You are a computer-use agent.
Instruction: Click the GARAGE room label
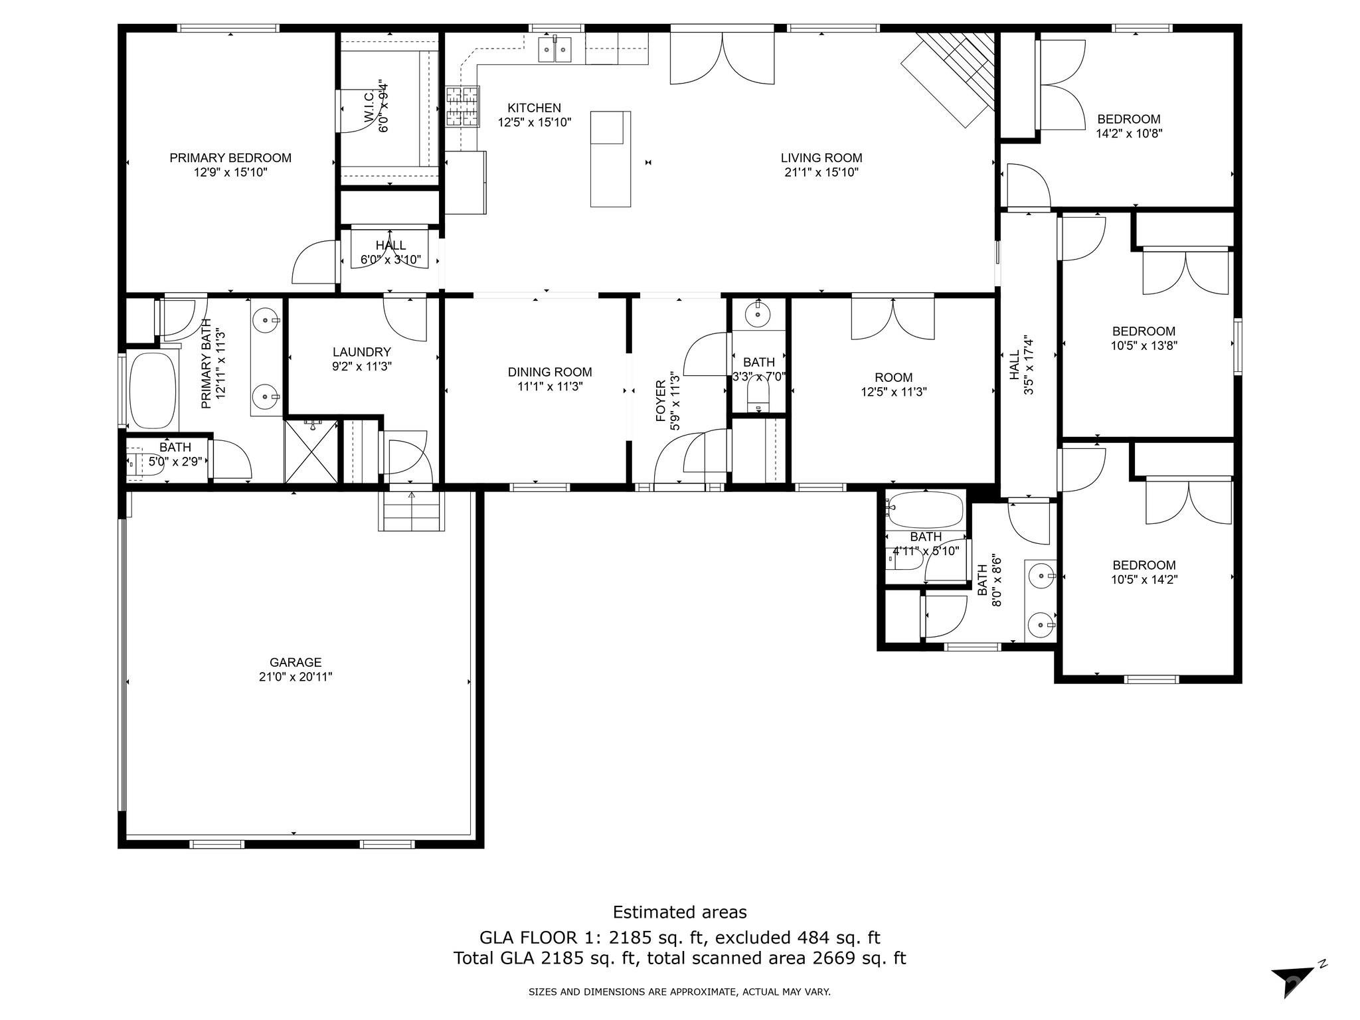tap(296, 662)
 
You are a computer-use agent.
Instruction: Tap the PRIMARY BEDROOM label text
tap(230, 158)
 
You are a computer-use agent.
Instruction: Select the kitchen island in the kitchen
tap(610, 159)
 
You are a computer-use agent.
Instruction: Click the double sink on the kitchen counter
tap(554, 49)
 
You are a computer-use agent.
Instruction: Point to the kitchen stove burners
tap(462, 106)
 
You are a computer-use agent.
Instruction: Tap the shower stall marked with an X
tap(311, 451)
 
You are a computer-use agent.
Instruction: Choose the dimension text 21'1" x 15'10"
tap(821, 173)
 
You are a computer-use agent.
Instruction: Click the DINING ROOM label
tap(550, 373)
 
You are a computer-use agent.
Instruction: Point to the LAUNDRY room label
tap(362, 352)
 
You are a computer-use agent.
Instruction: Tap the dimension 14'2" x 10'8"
tap(1129, 133)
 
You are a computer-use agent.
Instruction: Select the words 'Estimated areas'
tap(679, 912)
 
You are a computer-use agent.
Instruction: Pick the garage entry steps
tap(412, 511)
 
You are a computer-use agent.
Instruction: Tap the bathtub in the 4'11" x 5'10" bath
tap(926, 509)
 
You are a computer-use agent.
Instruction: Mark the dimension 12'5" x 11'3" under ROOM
tap(894, 392)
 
